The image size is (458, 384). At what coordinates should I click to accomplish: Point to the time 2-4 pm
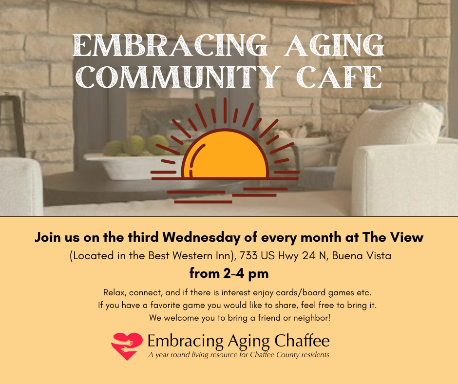(229, 273)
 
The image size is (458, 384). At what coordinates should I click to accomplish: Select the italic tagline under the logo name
(239, 354)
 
